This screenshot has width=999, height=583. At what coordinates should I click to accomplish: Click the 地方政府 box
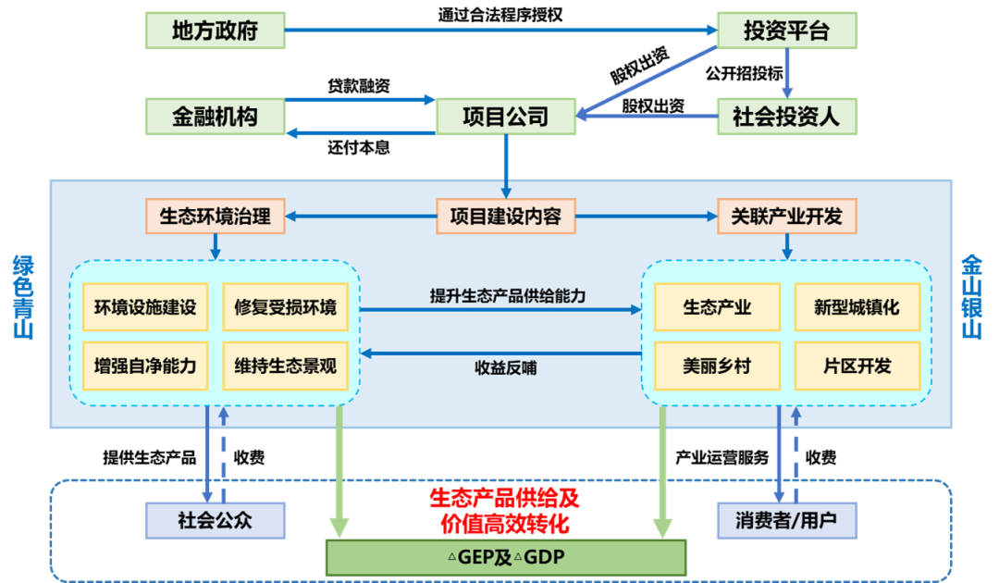pyautogui.click(x=215, y=31)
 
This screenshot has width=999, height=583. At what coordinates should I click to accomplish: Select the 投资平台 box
pyautogui.click(x=786, y=31)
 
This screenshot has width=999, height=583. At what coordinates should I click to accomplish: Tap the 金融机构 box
pyautogui.click(x=215, y=117)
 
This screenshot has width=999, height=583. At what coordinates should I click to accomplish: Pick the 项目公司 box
pyautogui.click(x=505, y=117)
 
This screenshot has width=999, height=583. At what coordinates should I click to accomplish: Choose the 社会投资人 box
pyautogui.click(x=786, y=117)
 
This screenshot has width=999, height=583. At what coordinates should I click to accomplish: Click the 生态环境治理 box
pyautogui.click(x=215, y=217)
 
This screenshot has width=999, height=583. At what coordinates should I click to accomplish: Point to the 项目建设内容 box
pyautogui.click(x=505, y=217)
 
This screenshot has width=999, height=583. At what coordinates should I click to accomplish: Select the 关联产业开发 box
pyautogui.click(x=786, y=217)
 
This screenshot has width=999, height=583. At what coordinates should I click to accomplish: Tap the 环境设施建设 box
pyautogui.click(x=145, y=307)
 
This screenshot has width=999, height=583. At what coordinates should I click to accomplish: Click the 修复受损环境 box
pyautogui.click(x=285, y=307)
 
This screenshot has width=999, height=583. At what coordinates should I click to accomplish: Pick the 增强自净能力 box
pyautogui.click(x=145, y=366)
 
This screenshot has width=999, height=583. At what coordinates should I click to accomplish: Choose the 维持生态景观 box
pyautogui.click(x=285, y=366)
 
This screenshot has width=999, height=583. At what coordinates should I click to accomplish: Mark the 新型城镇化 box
pyautogui.click(x=857, y=307)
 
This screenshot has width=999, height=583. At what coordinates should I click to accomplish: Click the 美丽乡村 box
pyautogui.click(x=717, y=366)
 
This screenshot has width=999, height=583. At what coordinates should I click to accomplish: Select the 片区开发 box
pyautogui.click(x=857, y=366)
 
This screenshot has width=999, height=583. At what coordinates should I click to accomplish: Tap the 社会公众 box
pyautogui.click(x=215, y=520)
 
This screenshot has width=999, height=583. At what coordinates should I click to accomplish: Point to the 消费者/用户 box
pyautogui.click(x=786, y=520)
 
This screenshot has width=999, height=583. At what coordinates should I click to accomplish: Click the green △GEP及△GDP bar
pyautogui.click(x=505, y=558)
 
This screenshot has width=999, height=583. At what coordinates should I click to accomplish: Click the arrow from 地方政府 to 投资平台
pyautogui.click(x=499, y=31)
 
